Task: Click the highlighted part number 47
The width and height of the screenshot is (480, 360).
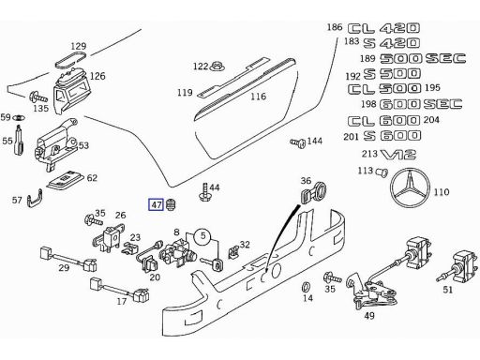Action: click(x=157, y=203)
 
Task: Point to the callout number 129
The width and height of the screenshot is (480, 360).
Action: click(x=78, y=46)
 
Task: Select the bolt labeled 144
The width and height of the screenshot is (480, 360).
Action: click(x=297, y=143)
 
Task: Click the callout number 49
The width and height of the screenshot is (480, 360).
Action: click(x=368, y=315)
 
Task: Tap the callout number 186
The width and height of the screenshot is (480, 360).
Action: click(x=335, y=28)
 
